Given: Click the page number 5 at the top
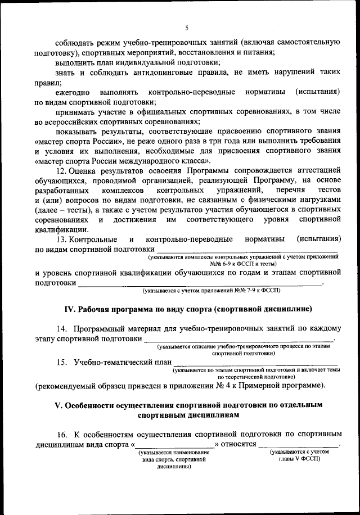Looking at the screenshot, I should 187,28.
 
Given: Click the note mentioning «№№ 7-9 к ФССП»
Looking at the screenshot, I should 211,290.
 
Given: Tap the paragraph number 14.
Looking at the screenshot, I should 62,328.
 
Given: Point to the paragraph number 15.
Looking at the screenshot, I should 62,362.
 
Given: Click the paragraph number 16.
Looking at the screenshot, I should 62,435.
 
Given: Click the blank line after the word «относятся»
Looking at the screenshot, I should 299,445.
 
